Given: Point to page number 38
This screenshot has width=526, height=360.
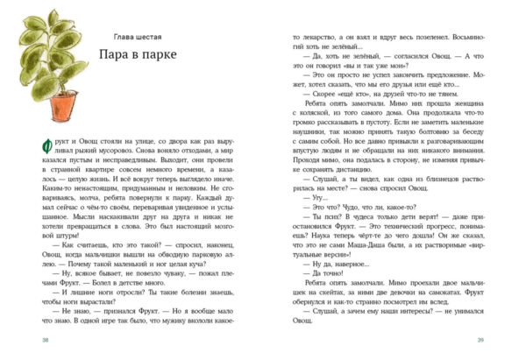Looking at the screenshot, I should (33, 342).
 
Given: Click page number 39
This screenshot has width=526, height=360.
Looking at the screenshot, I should (493, 342).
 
